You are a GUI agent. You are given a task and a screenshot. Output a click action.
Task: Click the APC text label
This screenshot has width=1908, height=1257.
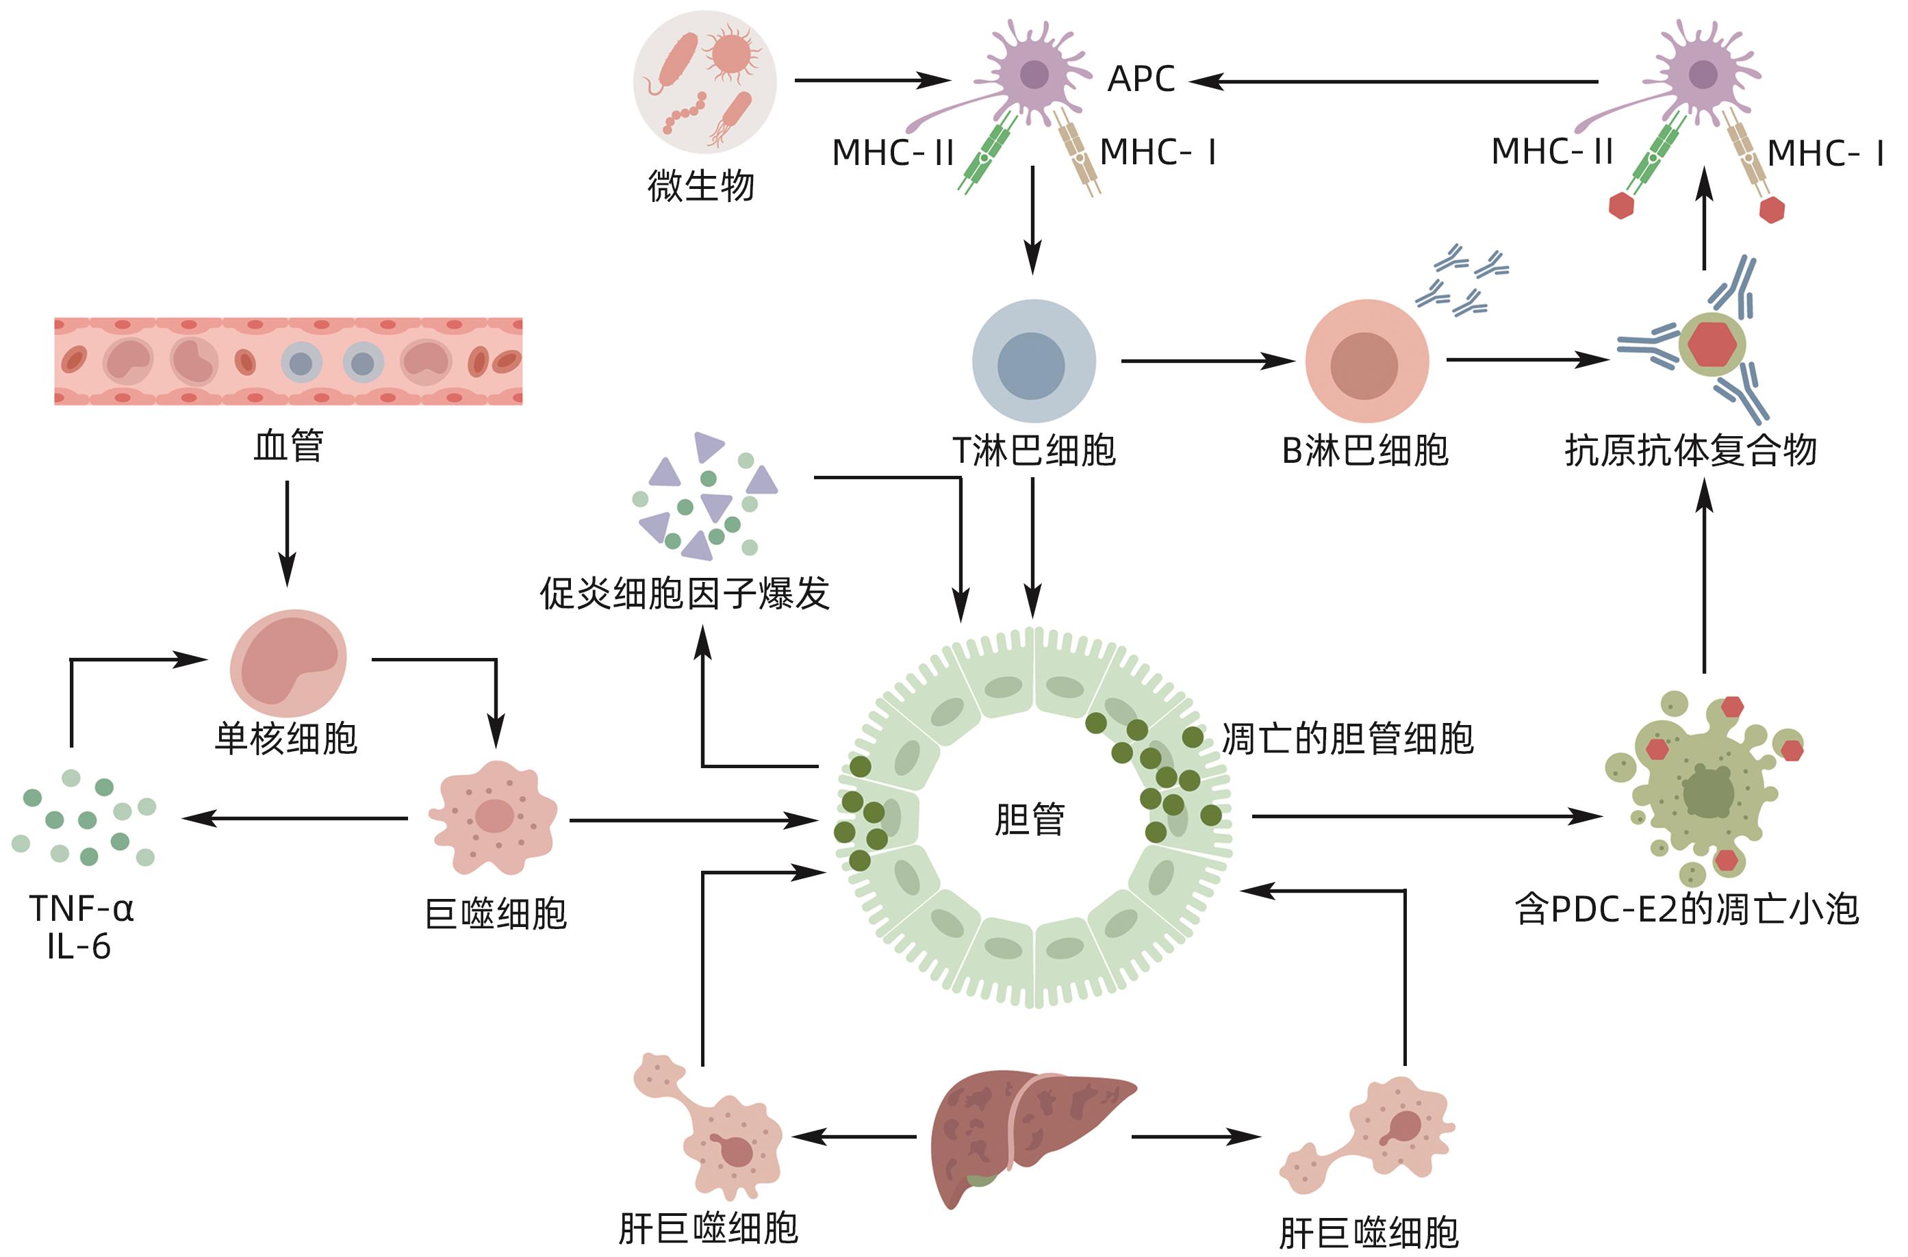1140,79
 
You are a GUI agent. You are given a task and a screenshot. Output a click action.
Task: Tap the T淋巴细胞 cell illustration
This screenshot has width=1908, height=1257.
1033,361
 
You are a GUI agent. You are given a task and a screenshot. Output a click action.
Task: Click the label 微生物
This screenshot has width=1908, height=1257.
700,186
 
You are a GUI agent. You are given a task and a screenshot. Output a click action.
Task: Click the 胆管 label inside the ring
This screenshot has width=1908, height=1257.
1030,820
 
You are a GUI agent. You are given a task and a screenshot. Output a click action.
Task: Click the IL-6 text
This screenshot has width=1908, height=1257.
79,947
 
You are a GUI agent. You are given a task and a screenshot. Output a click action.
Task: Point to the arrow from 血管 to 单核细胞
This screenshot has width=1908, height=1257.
287,533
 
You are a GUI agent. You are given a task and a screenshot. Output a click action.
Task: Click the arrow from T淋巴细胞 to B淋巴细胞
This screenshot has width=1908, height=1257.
1206,361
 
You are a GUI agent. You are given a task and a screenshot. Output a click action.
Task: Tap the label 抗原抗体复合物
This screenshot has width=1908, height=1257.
1690,450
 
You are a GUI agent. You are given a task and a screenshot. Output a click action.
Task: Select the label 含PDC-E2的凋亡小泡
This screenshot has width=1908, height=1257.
1686,909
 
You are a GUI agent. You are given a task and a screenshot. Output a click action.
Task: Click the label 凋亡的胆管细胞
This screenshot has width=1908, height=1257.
1347,738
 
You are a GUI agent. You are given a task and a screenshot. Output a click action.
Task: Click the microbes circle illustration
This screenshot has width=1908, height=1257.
704,81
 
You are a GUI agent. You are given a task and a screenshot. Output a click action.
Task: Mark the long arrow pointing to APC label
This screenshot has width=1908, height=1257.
1395,81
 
